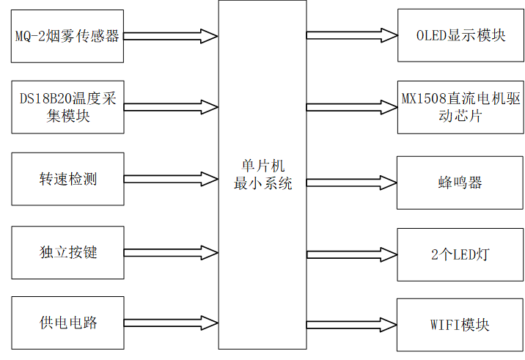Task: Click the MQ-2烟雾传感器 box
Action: [68, 36]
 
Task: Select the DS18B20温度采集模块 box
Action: [68, 107]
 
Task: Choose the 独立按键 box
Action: [68, 252]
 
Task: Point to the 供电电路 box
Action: [68, 323]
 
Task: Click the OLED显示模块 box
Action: [460, 36]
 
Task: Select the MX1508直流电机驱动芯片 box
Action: [460, 107]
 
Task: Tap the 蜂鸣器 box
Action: [460, 183]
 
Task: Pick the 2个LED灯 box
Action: [460, 254]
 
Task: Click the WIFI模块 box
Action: [460, 325]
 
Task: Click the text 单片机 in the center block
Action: [262, 166]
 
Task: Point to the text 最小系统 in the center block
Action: [262, 183]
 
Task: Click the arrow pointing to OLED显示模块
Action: [352, 36]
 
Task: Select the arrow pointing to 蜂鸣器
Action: [352, 183]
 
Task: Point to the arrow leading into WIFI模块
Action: [352, 325]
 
